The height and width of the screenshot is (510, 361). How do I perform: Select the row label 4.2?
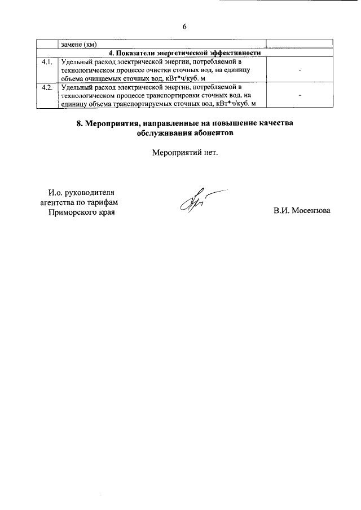[x=47, y=87]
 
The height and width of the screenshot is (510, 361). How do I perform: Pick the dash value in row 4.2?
[x=300, y=96]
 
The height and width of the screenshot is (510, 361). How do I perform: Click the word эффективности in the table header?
[x=233, y=53]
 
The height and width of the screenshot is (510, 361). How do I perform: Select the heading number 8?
[x=80, y=123]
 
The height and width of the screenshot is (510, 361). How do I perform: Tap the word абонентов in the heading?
[x=212, y=134]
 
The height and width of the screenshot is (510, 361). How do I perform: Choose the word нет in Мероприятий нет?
[x=208, y=152]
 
